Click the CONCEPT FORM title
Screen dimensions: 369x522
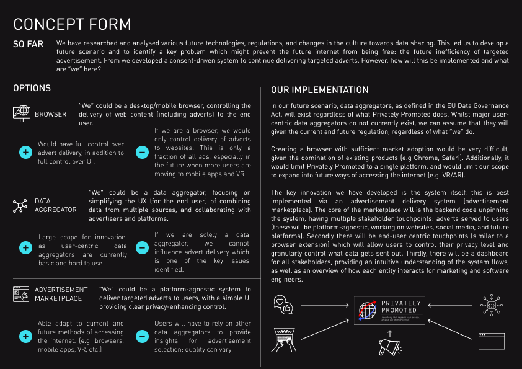click(72, 24)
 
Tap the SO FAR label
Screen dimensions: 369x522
click(29, 45)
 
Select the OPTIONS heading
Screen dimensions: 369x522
click(32, 89)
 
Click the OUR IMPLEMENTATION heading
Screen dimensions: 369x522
click(320, 90)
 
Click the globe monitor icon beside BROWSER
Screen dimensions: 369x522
click(22, 113)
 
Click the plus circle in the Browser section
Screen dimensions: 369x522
click(25, 152)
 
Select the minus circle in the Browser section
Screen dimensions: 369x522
click(142, 152)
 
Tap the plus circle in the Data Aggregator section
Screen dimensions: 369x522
click(25, 247)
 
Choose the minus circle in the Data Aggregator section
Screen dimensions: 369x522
click(142, 247)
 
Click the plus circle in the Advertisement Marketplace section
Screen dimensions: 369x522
click(25, 336)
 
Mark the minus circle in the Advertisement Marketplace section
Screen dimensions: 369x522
click(142, 336)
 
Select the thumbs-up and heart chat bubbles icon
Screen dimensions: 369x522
click(283, 305)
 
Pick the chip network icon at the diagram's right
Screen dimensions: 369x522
click(492, 305)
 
